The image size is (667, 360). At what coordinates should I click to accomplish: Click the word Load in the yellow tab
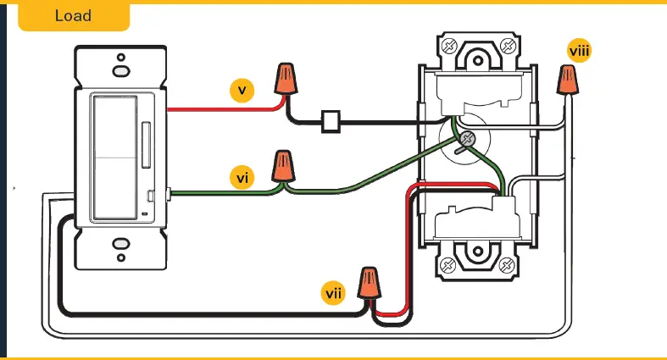[73, 16]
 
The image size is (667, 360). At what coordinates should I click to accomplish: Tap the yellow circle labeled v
[242, 90]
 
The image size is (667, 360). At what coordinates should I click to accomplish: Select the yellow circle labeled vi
[242, 178]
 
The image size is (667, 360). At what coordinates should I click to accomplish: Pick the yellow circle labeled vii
[334, 293]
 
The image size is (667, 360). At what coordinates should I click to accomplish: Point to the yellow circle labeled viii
[580, 52]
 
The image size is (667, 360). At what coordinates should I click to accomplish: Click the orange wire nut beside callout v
[286, 79]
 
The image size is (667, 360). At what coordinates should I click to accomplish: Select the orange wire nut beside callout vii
[369, 283]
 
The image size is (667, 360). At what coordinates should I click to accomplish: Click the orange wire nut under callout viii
[566, 80]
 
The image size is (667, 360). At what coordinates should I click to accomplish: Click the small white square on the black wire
[331, 122]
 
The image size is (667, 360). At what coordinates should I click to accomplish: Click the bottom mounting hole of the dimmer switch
[120, 250]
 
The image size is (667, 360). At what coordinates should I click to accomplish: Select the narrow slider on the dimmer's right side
[150, 135]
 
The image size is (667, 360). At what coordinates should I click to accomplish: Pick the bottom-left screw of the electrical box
[448, 266]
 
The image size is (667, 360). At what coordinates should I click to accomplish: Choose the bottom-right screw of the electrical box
[507, 266]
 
